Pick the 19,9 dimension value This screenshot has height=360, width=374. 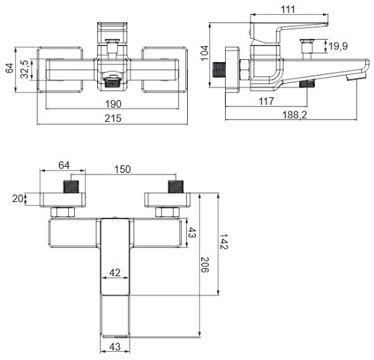click(x=337, y=47)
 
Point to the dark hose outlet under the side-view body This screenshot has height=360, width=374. click(x=305, y=85)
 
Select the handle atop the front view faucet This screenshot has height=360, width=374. click(x=111, y=31)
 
